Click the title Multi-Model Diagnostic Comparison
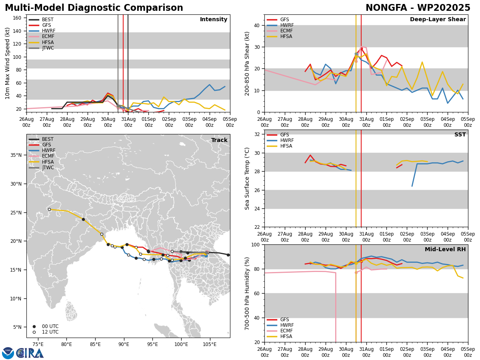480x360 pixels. tap(94, 8)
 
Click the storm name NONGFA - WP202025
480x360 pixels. tap(418, 8)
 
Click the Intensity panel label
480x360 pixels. tap(213, 20)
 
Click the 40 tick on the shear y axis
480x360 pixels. tap(256, 25)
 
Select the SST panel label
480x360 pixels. tap(460, 135)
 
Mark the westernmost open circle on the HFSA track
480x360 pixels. tap(50, 209)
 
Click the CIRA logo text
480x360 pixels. tap(30, 353)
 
